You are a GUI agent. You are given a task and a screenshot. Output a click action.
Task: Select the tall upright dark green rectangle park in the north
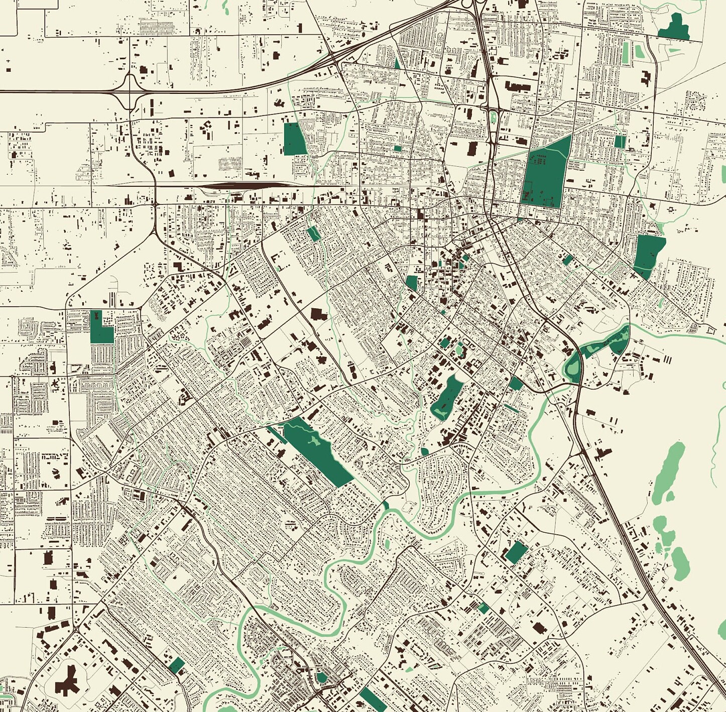click(294, 139)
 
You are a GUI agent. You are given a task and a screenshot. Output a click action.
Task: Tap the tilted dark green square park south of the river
click(516, 552)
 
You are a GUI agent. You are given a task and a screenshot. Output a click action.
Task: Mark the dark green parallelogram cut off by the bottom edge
click(373, 701)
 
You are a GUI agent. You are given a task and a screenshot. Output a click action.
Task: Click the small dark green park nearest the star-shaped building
click(177, 666)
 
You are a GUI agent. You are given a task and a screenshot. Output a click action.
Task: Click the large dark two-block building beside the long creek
click(318, 315)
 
